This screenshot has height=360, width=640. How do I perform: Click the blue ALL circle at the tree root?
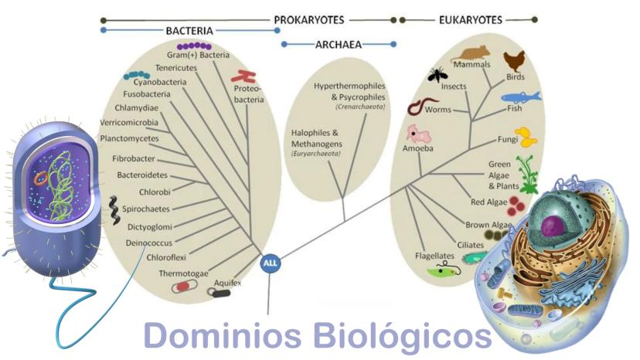tap(271, 263)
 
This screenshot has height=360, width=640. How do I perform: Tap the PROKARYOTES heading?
tap(309, 19)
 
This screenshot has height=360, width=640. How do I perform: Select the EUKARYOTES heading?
tap(470, 19)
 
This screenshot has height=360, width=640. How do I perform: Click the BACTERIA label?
tap(189, 31)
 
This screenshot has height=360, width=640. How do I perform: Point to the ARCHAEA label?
tap(339, 45)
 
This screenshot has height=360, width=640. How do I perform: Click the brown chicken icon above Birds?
tap(514, 61)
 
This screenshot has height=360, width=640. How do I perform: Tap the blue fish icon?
tap(520, 97)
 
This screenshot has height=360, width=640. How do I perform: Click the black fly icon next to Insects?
tap(437, 74)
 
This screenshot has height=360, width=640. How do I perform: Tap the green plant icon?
tap(527, 175)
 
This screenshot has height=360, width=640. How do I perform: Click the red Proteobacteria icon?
tap(247, 76)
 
